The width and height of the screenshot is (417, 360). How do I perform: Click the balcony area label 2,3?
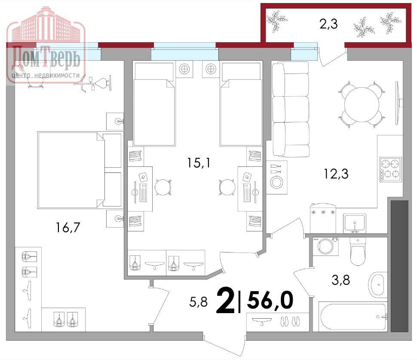328,25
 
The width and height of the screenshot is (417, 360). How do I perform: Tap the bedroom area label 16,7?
68,227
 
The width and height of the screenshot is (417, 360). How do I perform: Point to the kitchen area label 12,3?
336,174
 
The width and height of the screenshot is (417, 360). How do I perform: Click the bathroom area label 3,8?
340,280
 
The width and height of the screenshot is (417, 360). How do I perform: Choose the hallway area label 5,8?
198,302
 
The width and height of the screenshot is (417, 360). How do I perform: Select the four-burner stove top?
390,168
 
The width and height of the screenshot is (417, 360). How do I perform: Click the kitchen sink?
354,222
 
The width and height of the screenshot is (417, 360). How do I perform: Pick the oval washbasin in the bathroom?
378,284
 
